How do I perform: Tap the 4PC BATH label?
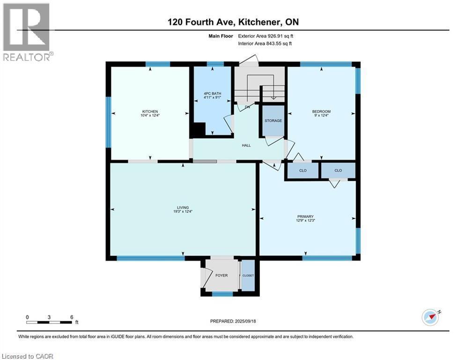tap(212, 94)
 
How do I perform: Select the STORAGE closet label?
tap(273, 120)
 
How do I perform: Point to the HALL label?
tap(246, 145)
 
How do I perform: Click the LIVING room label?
tap(182, 207)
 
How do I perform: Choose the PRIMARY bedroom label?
tap(305, 216)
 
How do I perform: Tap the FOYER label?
tap(222, 275)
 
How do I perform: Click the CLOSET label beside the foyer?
tap(248, 275)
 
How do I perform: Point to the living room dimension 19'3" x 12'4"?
tap(182, 211)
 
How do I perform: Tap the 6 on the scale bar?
tap(72, 317)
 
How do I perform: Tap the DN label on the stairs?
tap(247, 107)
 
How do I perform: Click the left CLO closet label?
tap(303, 170)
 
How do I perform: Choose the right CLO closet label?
tap(338, 170)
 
